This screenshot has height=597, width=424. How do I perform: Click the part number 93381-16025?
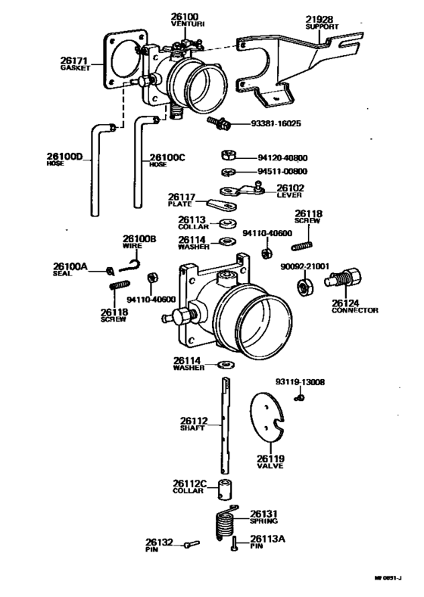(276, 124)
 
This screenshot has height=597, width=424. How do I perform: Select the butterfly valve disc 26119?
(267, 416)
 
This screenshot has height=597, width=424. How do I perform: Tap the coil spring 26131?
(225, 523)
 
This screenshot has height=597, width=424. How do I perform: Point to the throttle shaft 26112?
(226, 425)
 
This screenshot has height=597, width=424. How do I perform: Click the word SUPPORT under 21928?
(322, 27)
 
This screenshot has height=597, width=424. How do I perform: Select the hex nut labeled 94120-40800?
(229, 155)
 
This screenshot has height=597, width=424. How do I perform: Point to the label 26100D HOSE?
(65, 159)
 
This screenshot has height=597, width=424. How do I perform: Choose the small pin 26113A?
(234, 544)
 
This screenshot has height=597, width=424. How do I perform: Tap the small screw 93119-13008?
(299, 398)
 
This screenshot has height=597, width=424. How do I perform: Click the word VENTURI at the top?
(188, 24)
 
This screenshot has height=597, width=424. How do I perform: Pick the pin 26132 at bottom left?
(192, 544)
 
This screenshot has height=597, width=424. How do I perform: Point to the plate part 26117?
(223, 204)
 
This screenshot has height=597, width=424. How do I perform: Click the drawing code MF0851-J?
(388, 577)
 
